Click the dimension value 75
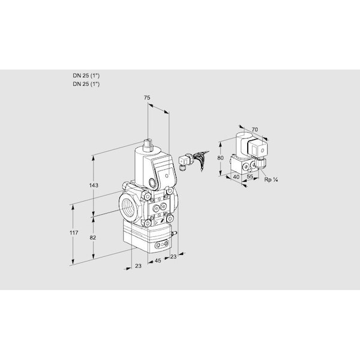click(x=147, y=98)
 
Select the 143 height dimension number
click(x=94, y=185)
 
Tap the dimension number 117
click(x=74, y=233)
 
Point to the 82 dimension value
click(x=93, y=238)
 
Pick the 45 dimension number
click(x=158, y=260)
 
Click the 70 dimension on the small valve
click(x=254, y=130)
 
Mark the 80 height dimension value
click(x=220, y=158)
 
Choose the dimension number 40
click(x=236, y=177)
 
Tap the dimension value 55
click(x=250, y=176)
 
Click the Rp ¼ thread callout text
click(x=271, y=179)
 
